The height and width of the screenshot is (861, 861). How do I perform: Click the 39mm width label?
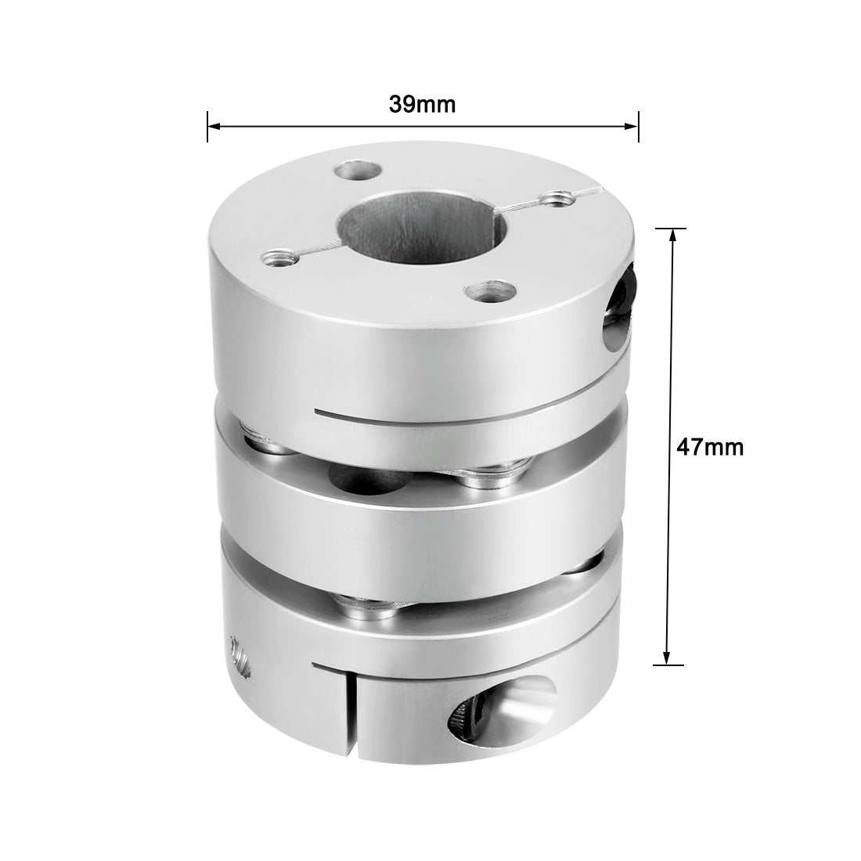point(423,105)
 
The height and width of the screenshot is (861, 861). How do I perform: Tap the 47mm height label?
point(710,447)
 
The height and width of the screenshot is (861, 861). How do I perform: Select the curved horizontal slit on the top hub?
point(438,412)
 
